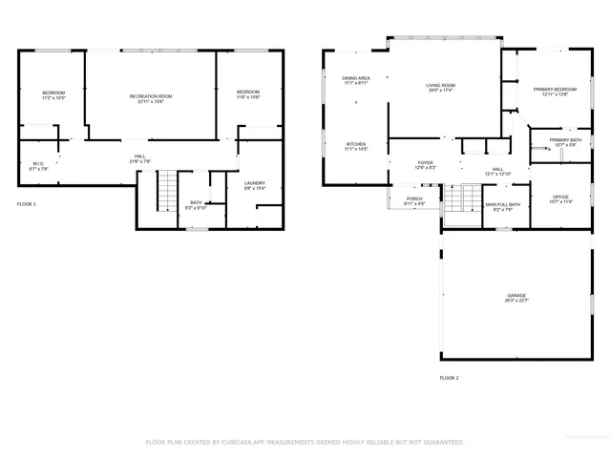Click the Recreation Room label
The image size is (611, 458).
[151, 95]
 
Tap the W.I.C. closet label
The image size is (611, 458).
[38, 163]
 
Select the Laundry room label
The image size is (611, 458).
[254, 183]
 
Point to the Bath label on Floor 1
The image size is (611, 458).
[196, 202]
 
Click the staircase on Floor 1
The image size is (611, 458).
[168, 191]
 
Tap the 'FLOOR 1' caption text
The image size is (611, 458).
[27, 204]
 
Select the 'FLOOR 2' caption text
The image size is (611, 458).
[449, 379]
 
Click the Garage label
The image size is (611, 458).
[516, 296]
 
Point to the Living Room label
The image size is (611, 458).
[440, 86]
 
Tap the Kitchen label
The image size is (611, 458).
[355, 144]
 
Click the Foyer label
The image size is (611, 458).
[425, 163]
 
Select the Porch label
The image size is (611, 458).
[414, 198]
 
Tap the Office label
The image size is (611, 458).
[560, 198]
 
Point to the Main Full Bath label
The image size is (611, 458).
[502, 204]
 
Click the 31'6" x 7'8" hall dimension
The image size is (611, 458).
[139, 161]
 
